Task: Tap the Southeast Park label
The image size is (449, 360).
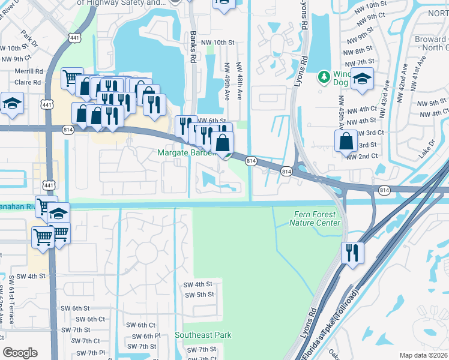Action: click(x=203, y=335)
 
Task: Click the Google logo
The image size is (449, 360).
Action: click(x=20, y=353)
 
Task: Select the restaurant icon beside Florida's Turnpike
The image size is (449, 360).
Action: click(x=352, y=252)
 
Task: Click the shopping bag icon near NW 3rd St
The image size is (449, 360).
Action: click(x=346, y=141)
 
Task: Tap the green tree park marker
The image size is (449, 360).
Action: click(x=324, y=77)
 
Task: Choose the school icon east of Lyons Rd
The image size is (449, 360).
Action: click(x=362, y=79)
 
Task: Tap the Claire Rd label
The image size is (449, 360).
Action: click(x=29, y=82)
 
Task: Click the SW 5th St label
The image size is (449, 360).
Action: click(x=200, y=295)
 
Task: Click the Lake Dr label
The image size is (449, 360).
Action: click(x=427, y=145)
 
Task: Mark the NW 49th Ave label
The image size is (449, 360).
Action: click(x=228, y=82)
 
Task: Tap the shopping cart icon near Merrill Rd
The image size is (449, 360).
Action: click(x=71, y=77)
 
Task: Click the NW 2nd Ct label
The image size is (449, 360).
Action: click(x=362, y=156)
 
